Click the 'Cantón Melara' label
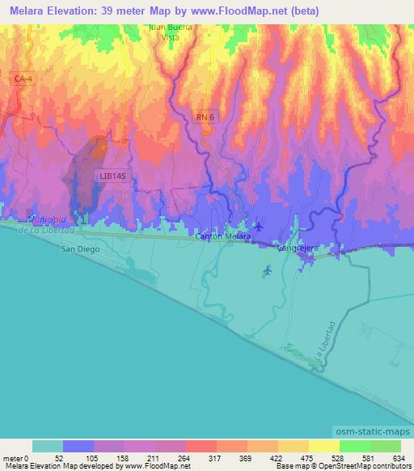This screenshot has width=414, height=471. click(224, 237)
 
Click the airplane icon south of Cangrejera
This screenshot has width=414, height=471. click(268, 271)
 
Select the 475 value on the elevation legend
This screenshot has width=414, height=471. click(294, 457)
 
